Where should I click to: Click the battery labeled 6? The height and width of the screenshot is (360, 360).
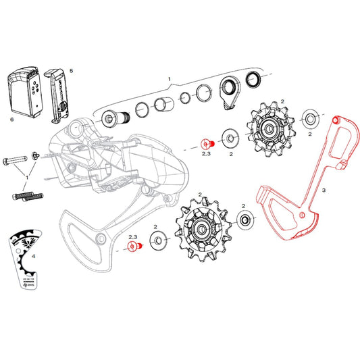pos(24,95)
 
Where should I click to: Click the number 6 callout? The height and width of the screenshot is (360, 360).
pos(11,118)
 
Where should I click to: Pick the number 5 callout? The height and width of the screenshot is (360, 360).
pos(72,70)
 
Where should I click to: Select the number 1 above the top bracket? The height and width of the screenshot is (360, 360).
pos(170,79)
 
